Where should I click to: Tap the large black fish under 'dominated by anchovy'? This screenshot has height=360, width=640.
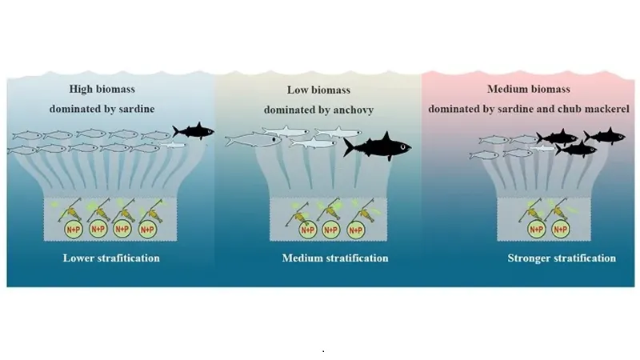pos(378,146)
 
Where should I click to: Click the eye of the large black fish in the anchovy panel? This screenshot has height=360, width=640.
pos(398,146)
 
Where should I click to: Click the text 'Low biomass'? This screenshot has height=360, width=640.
pos(318,90)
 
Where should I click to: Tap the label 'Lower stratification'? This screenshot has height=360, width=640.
pos(111,258)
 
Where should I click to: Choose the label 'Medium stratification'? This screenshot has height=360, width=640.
pos(335,258)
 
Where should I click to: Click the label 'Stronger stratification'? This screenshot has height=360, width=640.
pos(562,258)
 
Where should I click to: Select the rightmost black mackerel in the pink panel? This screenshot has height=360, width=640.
pos(602,136)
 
